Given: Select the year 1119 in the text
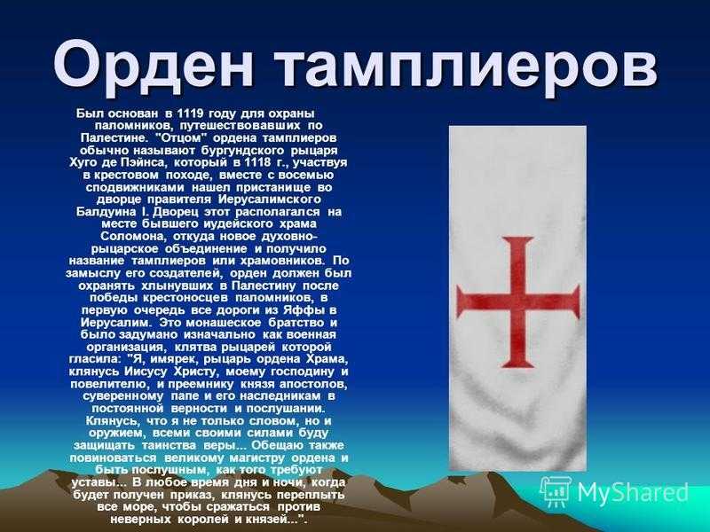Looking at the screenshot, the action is coord(189,113).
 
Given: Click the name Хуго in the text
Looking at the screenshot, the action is coord(84,162).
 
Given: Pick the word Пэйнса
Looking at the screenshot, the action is coord(145,162).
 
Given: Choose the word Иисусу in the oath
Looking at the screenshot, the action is coord(147,372).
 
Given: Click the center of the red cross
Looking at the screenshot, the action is coord(518,301).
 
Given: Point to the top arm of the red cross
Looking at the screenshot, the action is coord(518,263).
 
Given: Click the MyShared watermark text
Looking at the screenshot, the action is coord(632,492).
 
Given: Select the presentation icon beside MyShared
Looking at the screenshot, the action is coord(556,491).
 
